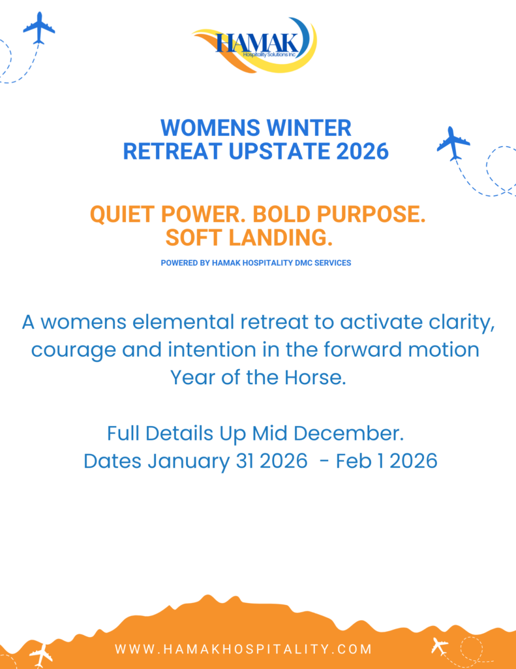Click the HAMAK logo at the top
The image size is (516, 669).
click(x=254, y=45)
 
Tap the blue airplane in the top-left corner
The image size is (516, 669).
click(x=38, y=28)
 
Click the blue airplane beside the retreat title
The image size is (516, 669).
click(x=453, y=143)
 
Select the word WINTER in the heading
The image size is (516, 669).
click(x=311, y=127)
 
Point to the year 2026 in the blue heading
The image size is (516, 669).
click(x=362, y=151)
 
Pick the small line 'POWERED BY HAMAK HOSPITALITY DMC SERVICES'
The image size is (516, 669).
click(x=256, y=263)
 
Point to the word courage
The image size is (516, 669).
click(x=73, y=351)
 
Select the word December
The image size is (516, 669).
click(x=348, y=433)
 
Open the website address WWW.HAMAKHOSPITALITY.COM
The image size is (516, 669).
click(x=243, y=649)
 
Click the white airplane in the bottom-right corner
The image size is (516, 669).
click(x=439, y=646)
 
